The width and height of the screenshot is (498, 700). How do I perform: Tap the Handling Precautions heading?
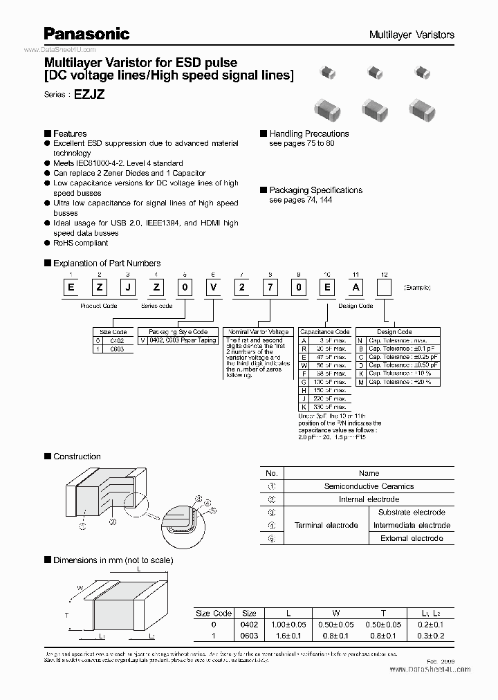(308, 133)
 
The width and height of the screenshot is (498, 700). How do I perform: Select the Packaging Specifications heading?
(315, 190)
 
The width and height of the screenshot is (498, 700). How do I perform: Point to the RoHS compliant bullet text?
(80, 243)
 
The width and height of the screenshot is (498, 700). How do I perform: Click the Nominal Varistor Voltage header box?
(257, 332)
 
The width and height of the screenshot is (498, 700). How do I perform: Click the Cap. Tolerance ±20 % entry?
(399, 381)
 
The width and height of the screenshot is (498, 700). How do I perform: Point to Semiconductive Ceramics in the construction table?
(369, 486)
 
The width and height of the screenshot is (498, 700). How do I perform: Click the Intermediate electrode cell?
(411, 525)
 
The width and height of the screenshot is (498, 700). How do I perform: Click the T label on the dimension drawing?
(66, 614)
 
